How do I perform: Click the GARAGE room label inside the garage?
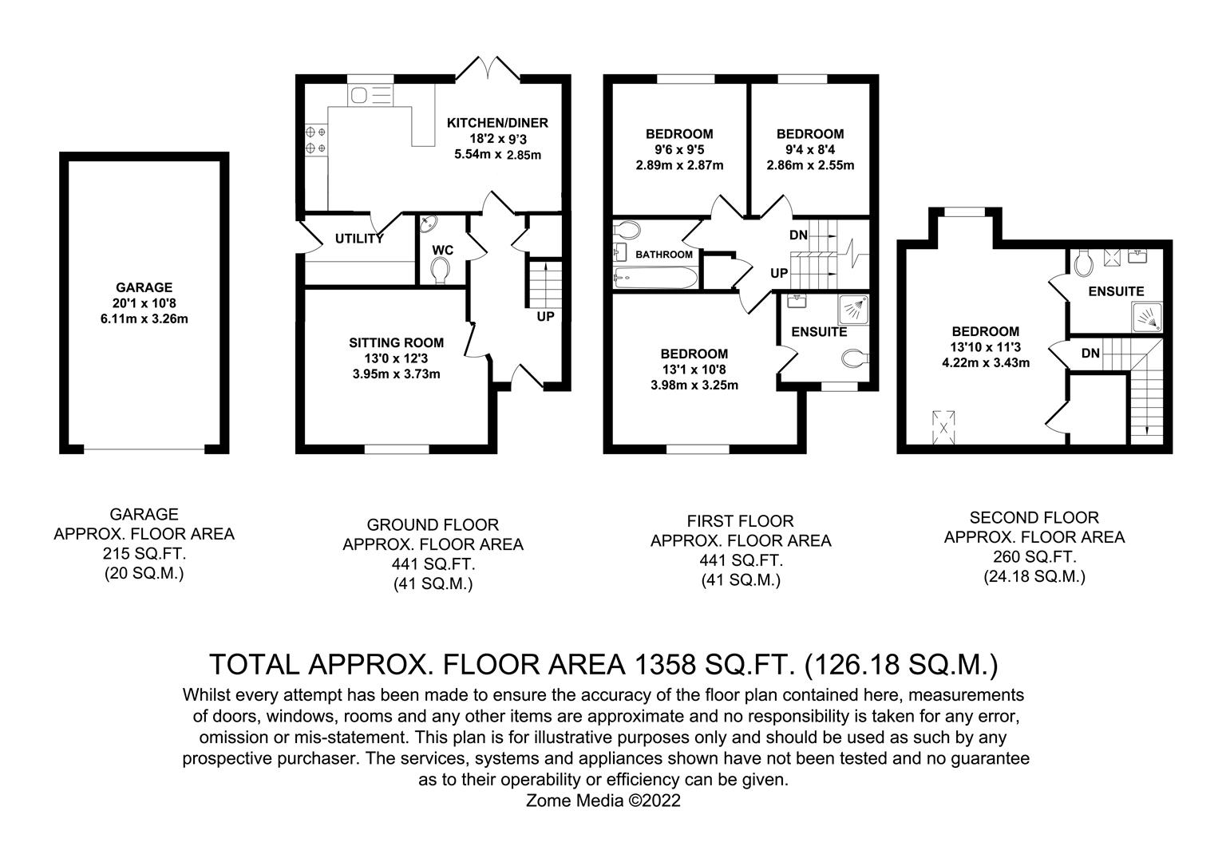144,287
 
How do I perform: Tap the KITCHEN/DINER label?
497,123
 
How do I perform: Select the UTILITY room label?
359,239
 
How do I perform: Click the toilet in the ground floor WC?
440,271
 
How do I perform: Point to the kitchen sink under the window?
370,95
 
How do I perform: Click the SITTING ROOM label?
396,342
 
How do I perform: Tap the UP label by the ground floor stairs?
545,316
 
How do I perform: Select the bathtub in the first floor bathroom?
655,278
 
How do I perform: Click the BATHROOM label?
664,255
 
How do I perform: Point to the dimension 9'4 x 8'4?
810,149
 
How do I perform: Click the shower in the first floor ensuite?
853,309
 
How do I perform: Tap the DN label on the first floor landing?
798,235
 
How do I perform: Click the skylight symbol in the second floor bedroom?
943,427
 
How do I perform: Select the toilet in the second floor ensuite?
1084,263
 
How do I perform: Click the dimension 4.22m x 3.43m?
986,362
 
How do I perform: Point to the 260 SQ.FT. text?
1034,556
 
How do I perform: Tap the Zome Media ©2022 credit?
603,801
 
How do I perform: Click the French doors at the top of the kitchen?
488,69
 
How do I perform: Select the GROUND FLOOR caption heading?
433,525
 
